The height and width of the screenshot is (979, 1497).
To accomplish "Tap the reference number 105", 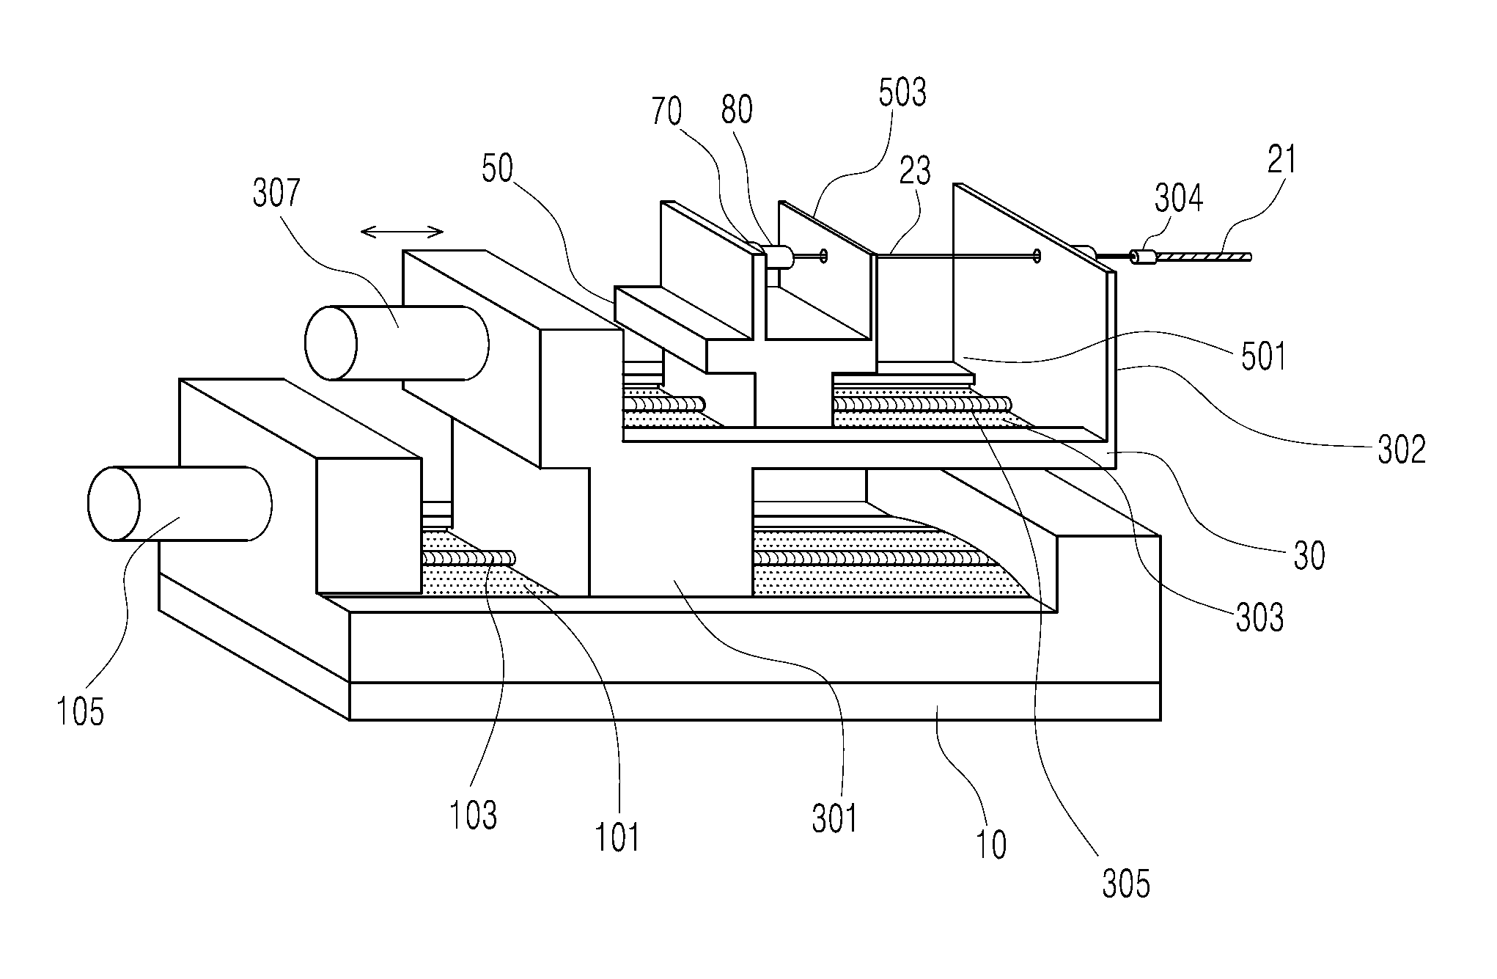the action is pyautogui.click(x=81, y=711).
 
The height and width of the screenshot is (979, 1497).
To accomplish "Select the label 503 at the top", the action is pyautogui.click(x=902, y=93).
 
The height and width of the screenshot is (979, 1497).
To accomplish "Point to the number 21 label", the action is pyautogui.click(x=1282, y=161).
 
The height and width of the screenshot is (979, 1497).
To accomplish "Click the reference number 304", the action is pyautogui.click(x=1179, y=198).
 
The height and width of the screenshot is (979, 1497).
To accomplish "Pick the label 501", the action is pyautogui.click(x=1263, y=357).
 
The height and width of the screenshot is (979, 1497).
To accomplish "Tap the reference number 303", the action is pyautogui.click(x=1259, y=618).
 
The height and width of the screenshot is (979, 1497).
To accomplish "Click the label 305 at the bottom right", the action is pyautogui.click(x=1126, y=885).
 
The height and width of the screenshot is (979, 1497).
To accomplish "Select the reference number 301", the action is pyautogui.click(x=834, y=818).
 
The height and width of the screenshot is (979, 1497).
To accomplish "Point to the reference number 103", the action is pyautogui.click(x=474, y=815).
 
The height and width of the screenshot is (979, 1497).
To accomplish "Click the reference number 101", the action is pyautogui.click(x=617, y=837).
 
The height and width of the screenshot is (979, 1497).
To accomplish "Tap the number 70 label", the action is pyautogui.click(x=666, y=112).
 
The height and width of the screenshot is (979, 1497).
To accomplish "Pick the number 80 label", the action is pyautogui.click(x=737, y=110).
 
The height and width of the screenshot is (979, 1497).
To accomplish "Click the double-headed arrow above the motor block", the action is pyautogui.click(x=402, y=232).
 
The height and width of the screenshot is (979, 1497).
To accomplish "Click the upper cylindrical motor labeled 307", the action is pyautogui.click(x=397, y=342).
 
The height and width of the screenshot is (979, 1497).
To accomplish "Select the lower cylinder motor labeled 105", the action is pyautogui.click(x=180, y=504).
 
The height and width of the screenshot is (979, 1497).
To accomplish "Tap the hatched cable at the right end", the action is pyautogui.click(x=1203, y=257).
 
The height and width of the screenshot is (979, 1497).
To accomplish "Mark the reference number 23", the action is pyautogui.click(x=915, y=170).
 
